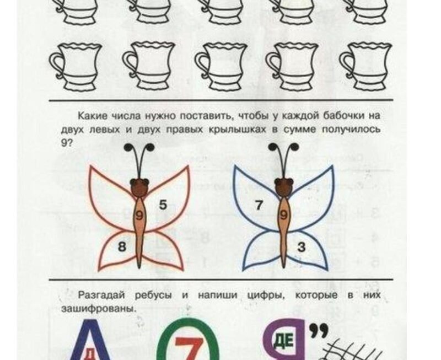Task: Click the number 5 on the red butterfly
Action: (163, 205)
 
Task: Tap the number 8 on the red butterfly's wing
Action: (122, 247)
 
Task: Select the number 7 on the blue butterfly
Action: (259, 205)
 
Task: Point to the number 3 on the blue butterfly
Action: (301, 247)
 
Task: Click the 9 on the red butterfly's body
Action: (139, 216)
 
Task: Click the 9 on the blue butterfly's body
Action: (284, 216)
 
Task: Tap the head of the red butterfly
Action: (139, 187)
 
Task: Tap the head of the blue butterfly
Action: (284, 187)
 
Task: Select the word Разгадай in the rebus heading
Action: (101, 295)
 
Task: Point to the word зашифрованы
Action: (99, 309)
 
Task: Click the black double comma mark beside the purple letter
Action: (319, 330)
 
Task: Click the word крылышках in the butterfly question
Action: (237, 130)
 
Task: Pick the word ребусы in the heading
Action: (153, 295)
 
